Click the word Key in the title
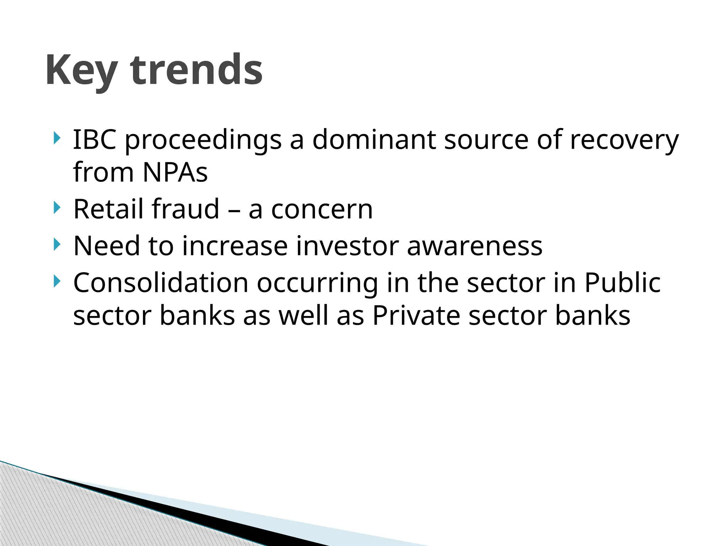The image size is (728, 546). [81, 70]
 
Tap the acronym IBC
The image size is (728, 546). [95, 139]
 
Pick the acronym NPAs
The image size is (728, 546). [175, 172]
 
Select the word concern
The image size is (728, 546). [322, 210]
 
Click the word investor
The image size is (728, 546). [347, 246]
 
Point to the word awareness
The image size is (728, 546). [475, 246]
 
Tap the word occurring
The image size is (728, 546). [317, 284]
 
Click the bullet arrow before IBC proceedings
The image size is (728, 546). [57, 138]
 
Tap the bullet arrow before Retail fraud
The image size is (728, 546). [57, 208]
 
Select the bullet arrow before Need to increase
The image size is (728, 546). [57, 245]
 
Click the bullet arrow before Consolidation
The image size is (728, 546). [57, 281]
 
